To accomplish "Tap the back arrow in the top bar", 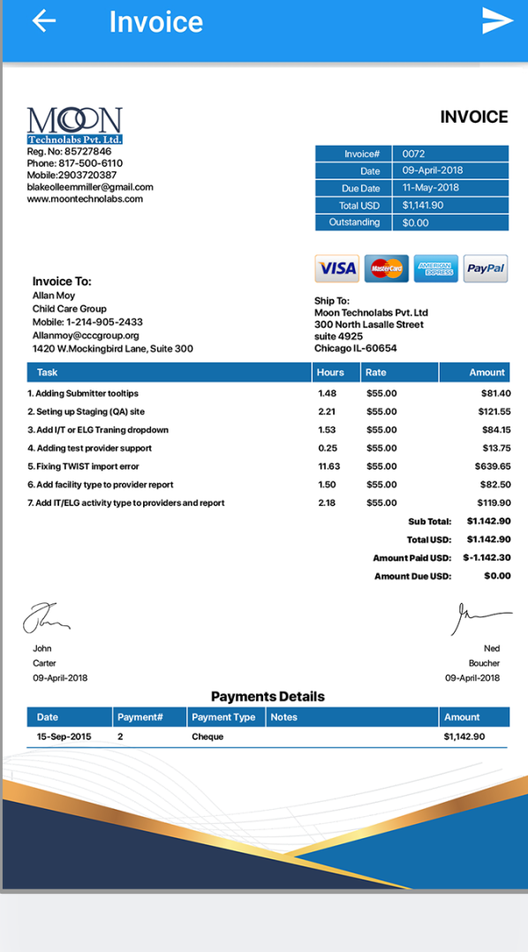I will coord(44,21).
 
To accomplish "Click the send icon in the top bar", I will coord(497,21).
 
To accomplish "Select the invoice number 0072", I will coord(414,154).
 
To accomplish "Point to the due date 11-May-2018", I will coord(431,188).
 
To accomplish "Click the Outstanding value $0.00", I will coord(415,223).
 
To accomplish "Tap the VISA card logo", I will coord(336,268).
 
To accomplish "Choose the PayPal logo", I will coord(486,268).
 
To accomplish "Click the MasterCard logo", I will coord(386,268).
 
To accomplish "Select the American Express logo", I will coord(435,268).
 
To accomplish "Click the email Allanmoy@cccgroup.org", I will coord(86,336).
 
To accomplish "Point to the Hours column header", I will coord(330,373).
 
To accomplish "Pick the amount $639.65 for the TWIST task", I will coord(492,466).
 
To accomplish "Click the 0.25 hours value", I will coord(327,449).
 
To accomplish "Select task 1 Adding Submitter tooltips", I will coord(83,394).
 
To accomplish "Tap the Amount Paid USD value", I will coord(487,558).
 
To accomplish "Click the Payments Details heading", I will coord(268,697).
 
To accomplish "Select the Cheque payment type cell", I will coord(207,737).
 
